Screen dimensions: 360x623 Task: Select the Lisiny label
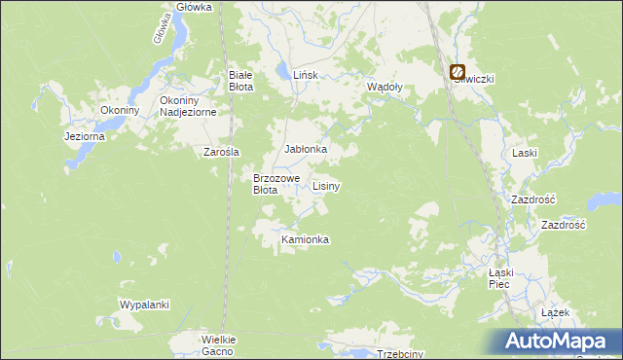(326, 185)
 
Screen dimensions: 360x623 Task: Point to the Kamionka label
(305, 239)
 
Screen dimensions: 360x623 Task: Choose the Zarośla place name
(221, 152)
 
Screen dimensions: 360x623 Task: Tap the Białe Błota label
(240, 81)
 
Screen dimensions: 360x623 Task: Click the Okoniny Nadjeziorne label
(194, 106)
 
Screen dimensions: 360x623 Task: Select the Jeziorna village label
(84, 137)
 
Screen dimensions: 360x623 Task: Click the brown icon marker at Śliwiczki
(457, 70)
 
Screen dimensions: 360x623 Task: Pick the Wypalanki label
(144, 305)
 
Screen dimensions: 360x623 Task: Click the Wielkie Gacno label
(218, 345)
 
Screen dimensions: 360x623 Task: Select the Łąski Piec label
(499, 279)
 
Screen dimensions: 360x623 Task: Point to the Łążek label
(554, 313)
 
